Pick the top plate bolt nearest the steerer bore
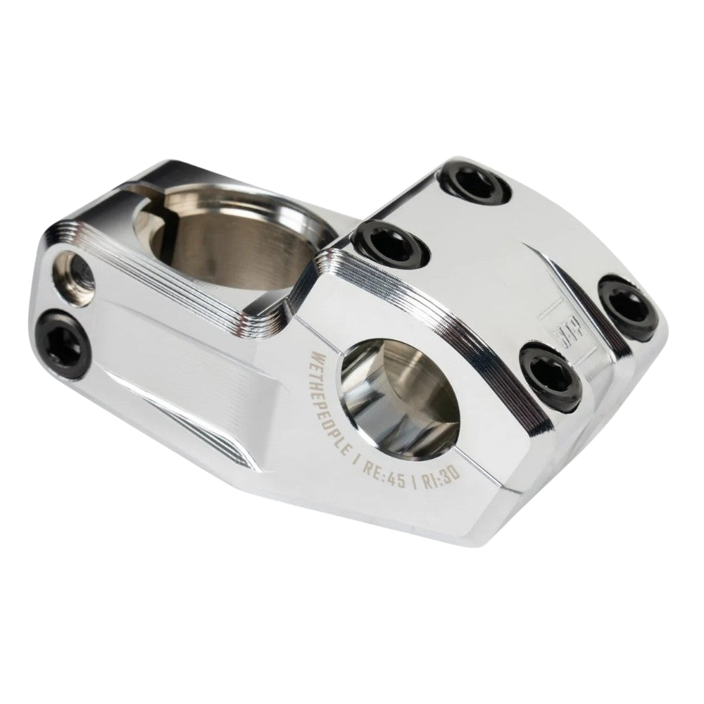[389, 244]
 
